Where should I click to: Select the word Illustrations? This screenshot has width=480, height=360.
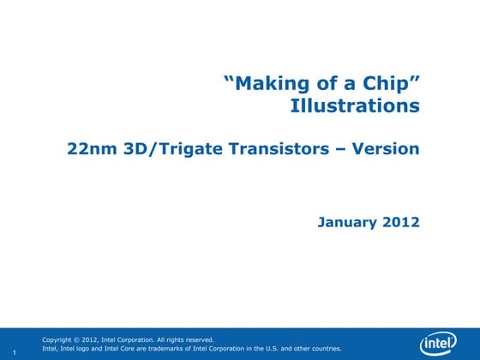click(x=355, y=106)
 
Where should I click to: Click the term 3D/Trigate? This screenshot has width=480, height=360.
click(x=163, y=149)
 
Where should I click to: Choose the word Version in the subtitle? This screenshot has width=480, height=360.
click(x=390, y=149)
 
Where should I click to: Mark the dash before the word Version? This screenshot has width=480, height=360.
click(x=351, y=149)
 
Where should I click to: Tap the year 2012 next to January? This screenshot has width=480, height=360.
click(x=402, y=222)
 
